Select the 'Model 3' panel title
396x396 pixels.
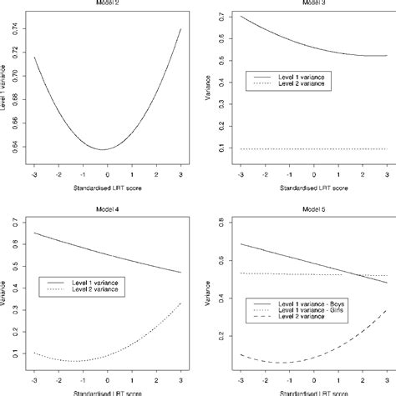tap(307, 3)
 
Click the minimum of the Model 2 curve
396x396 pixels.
tap(103, 149)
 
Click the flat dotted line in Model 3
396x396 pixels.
tap(307, 149)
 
